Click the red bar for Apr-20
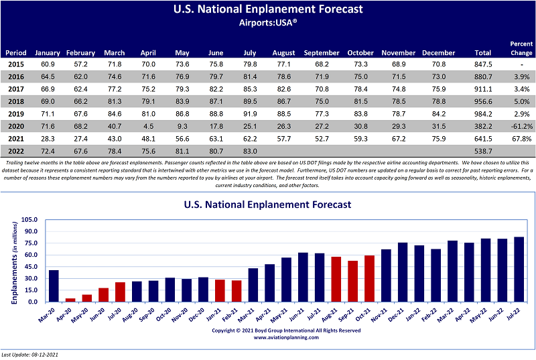tap(70, 300)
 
